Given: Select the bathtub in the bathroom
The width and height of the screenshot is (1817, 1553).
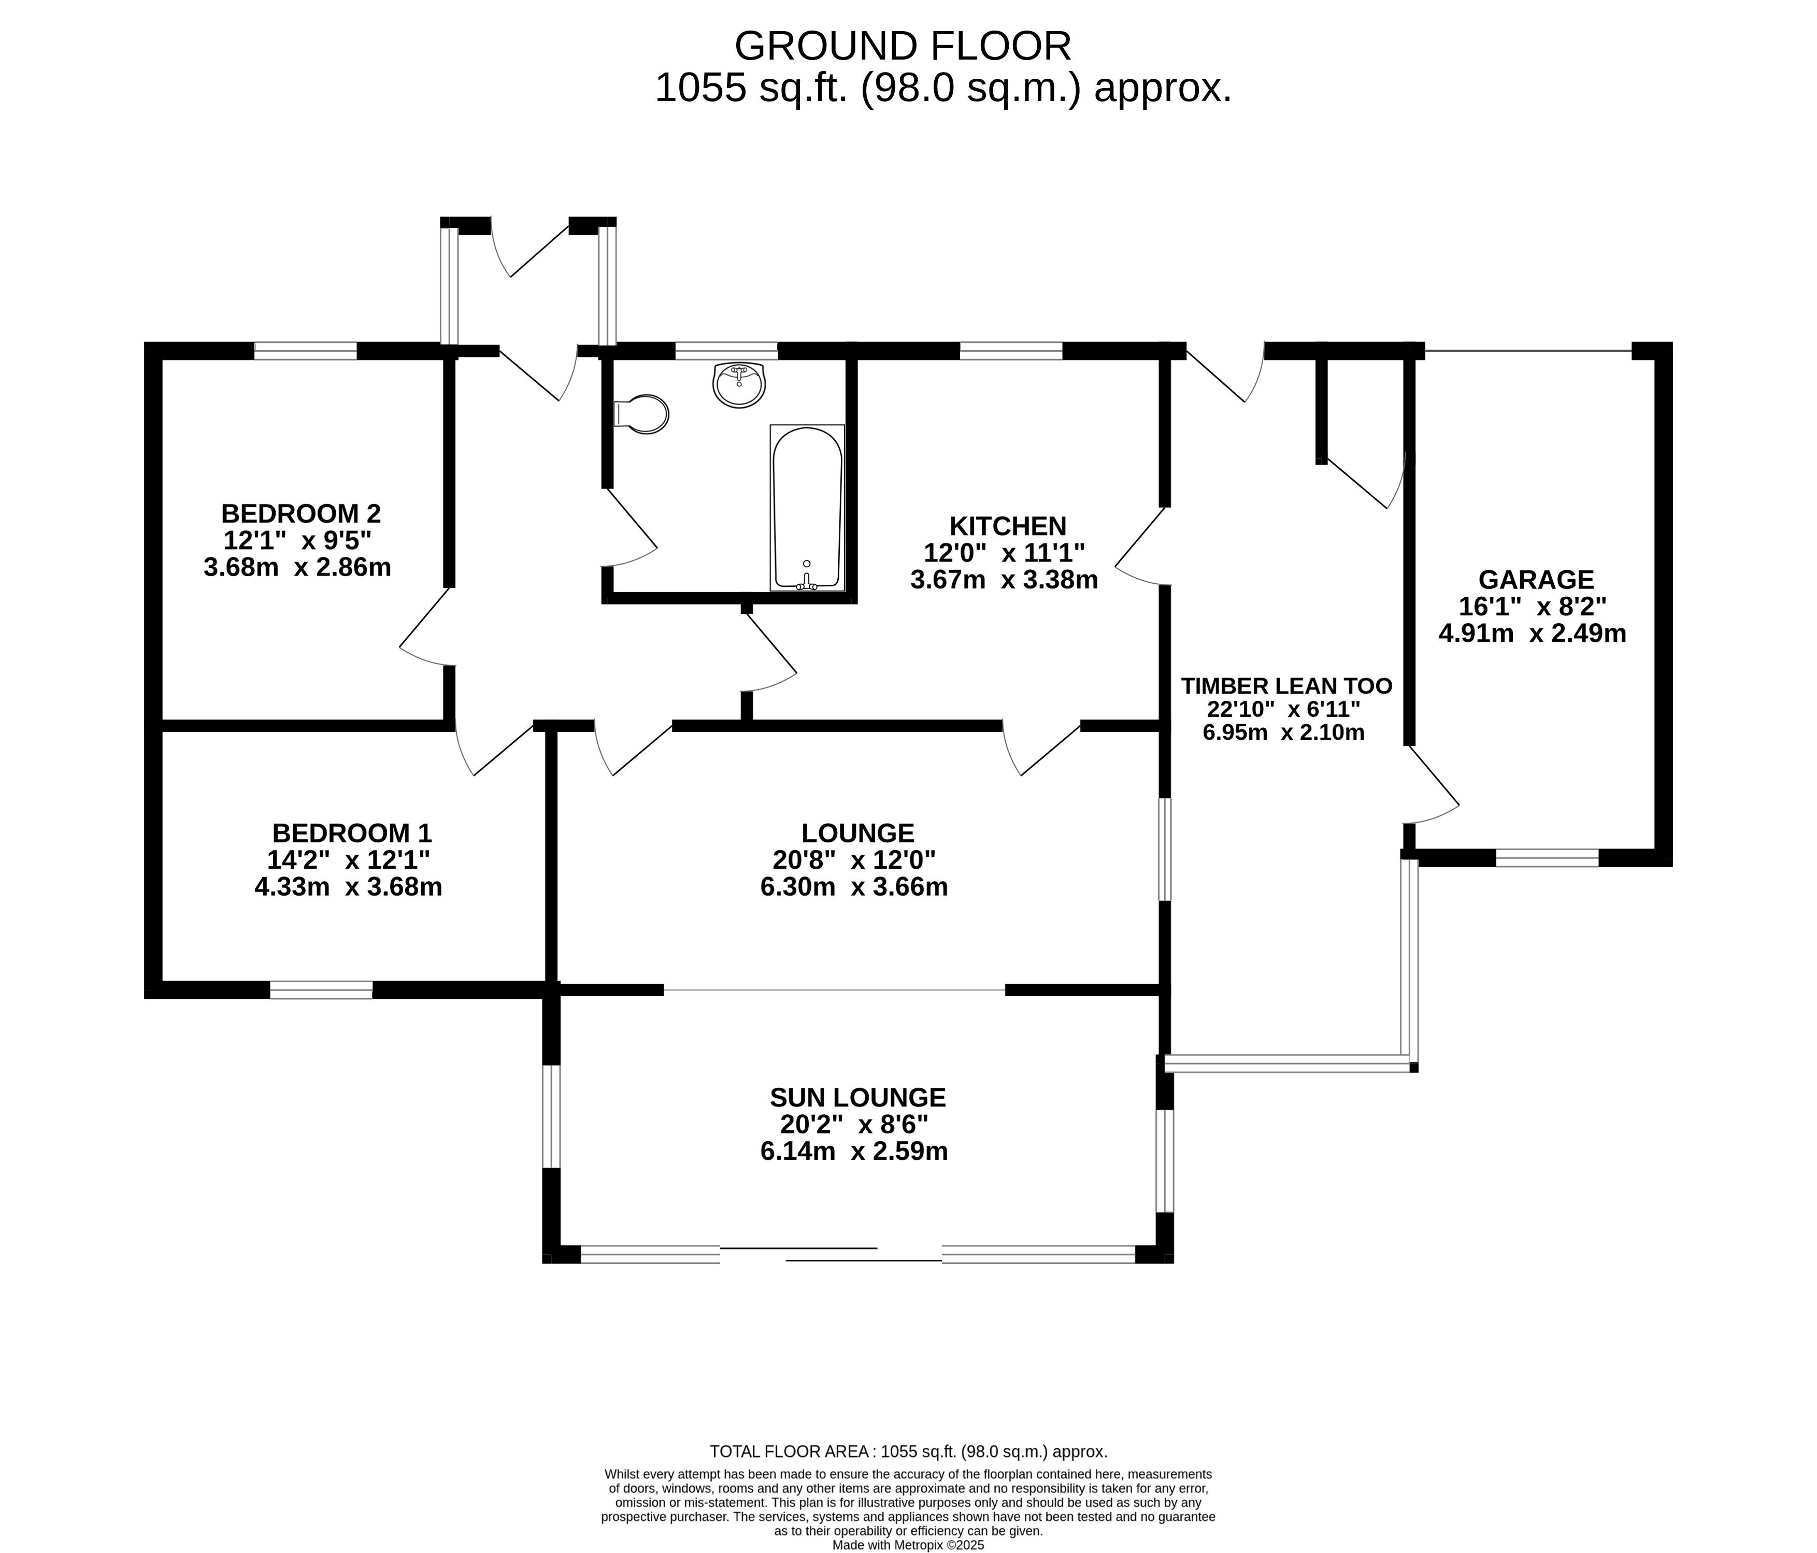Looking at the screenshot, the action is click(x=808, y=508).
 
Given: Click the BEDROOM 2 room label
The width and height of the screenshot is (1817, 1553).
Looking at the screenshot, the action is click(x=301, y=513).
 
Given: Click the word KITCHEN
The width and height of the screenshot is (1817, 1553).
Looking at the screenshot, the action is click(x=1008, y=526).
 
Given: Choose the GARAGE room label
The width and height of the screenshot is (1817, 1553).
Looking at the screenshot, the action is click(x=1536, y=580).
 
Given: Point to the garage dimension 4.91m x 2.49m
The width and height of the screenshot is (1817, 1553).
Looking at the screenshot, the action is click(x=1533, y=633).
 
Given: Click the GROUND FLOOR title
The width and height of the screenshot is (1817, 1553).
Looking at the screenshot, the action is click(x=903, y=46).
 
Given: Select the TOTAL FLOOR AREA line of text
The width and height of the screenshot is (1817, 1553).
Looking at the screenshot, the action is click(x=909, y=1451).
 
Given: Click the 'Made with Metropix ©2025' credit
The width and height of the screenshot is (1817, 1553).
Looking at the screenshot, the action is click(x=909, y=1545).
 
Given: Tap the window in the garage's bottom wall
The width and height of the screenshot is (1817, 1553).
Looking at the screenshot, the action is click(x=1547, y=858).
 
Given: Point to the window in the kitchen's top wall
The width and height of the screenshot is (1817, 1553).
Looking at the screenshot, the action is click(x=1011, y=351).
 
